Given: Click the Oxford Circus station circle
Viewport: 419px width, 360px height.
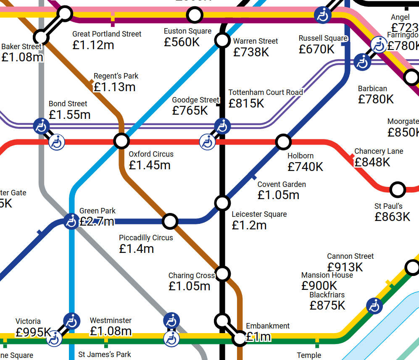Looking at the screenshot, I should click(121, 140).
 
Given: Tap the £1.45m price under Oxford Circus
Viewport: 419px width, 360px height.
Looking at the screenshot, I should click(150, 165).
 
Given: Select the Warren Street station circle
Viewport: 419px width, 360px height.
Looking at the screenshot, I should click(222, 40).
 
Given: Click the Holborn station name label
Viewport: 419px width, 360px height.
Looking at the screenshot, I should click(300, 156).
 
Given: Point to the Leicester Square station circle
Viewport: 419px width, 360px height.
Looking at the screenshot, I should click(222, 202).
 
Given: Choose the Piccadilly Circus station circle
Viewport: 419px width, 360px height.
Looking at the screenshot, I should click(170, 221).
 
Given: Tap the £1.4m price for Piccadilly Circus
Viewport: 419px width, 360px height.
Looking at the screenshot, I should click(136, 249).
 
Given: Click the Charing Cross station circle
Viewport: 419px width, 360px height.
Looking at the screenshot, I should click(223, 274).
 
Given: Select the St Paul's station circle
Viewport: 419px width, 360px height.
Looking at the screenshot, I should click(397, 189).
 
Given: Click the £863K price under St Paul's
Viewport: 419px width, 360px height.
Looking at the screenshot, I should click(392, 217).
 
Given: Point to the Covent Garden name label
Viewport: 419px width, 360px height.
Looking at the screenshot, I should click(282, 184).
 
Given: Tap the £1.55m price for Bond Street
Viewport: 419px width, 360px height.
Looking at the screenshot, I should click(69, 114).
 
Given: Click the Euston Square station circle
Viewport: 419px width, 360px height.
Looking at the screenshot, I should click(194, 16).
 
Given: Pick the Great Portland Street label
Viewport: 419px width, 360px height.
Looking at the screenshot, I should click(107, 34).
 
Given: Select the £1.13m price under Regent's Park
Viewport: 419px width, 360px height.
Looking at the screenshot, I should click(114, 87).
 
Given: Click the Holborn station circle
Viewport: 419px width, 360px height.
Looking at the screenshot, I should click(283, 141).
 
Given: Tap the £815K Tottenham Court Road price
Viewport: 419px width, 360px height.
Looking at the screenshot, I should click(246, 103).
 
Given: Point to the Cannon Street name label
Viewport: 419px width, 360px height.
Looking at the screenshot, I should click(350, 256).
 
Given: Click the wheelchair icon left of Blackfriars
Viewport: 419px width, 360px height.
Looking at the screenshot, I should click(374, 306).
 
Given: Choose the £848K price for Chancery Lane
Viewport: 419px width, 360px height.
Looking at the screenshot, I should click(372, 162).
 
